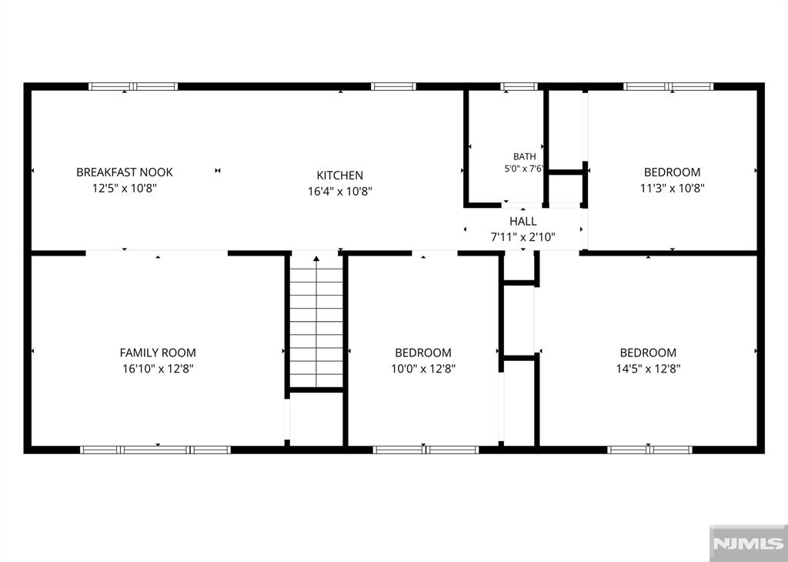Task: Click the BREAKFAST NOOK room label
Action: (124, 172)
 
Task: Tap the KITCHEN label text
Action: (339, 176)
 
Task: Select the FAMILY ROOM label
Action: (158, 353)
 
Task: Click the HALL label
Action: (523, 221)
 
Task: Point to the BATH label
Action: (524, 157)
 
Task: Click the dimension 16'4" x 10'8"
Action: (339, 192)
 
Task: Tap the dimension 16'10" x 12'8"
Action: (158, 369)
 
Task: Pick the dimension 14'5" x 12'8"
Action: (648, 369)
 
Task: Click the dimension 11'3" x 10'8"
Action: (672, 189)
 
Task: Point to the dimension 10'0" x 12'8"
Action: (423, 369)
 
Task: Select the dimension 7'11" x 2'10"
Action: (523, 237)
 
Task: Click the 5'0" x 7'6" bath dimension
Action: (523, 169)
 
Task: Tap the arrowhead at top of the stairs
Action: (316, 259)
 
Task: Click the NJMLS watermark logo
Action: (748, 544)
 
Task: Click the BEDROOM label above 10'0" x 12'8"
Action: (423, 353)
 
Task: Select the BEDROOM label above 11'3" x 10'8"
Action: (672, 172)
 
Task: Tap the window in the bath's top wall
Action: (519, 86)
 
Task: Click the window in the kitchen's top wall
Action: (393, 86)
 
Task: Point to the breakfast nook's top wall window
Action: (133, 86)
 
